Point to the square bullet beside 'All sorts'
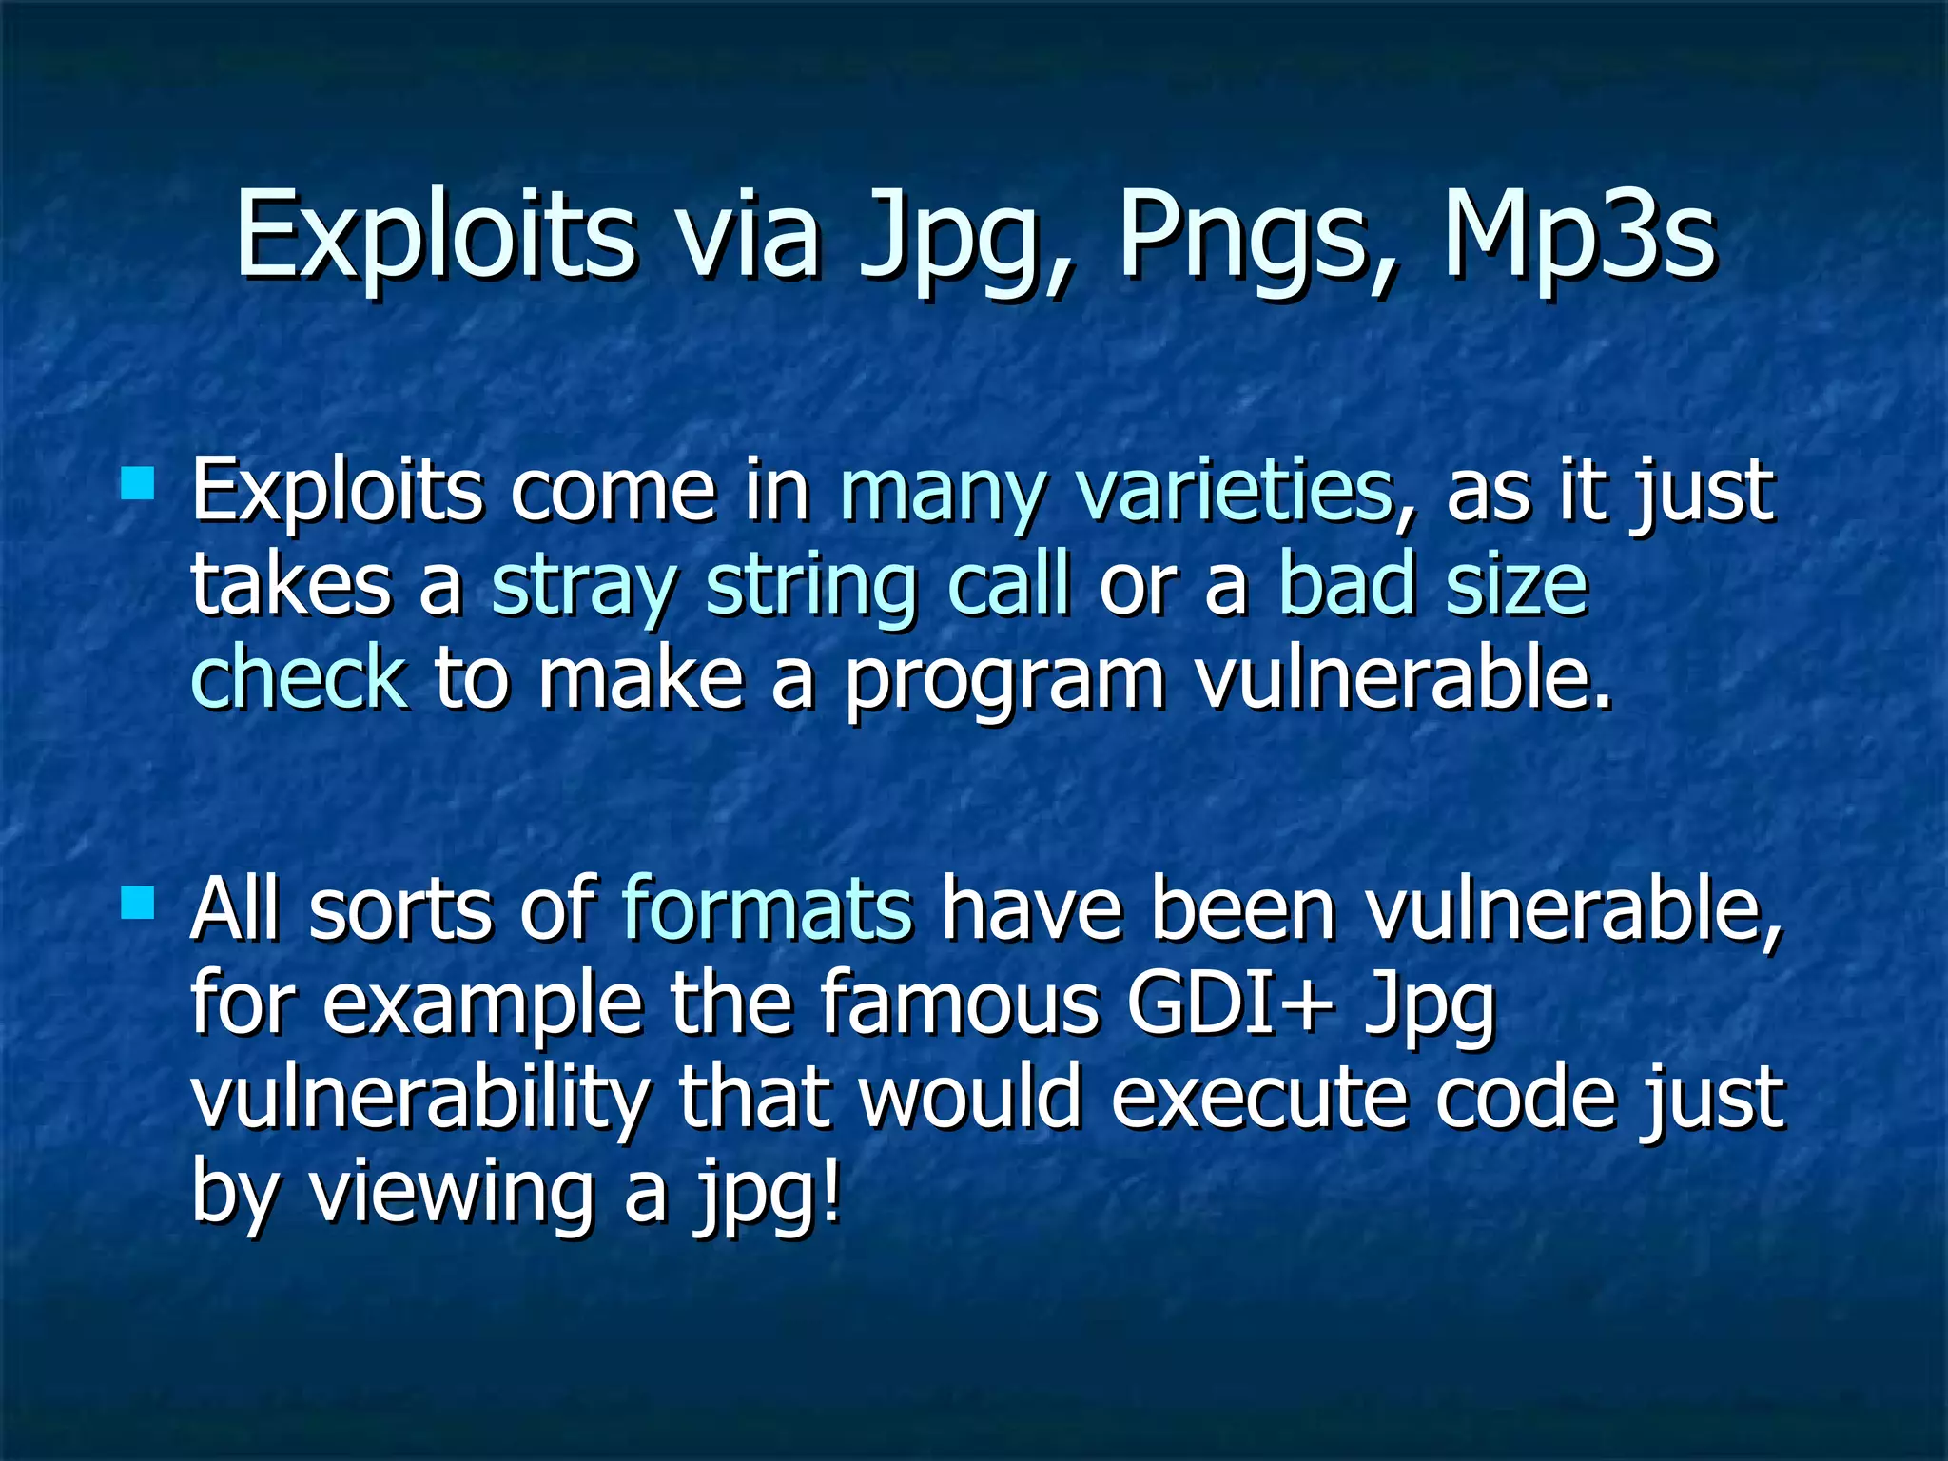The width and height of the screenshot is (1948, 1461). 139,902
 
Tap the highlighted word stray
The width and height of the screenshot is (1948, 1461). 584,586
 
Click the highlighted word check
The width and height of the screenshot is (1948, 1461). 300,676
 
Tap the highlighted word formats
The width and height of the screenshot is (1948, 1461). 767,909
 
